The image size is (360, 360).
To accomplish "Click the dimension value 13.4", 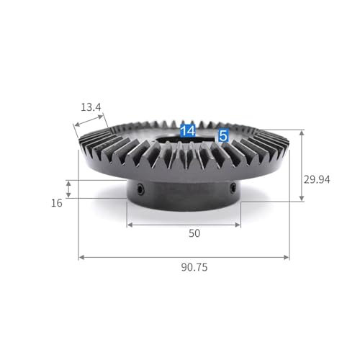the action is coord(91,107).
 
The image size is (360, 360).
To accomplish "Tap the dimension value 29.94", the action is coord(317,179).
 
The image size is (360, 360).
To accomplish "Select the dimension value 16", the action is coord(57,203).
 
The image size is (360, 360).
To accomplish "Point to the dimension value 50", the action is coord(194,233).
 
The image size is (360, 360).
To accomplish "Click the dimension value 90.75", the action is coord(194,267).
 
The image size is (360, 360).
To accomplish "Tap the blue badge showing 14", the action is coord(188,131).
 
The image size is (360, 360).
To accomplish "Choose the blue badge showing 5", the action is coord(223,136).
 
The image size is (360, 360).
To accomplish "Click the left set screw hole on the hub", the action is coord(140,189).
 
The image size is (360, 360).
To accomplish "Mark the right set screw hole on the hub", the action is coord(233,187).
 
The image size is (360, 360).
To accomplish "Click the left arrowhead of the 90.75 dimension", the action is coord(81,258).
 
